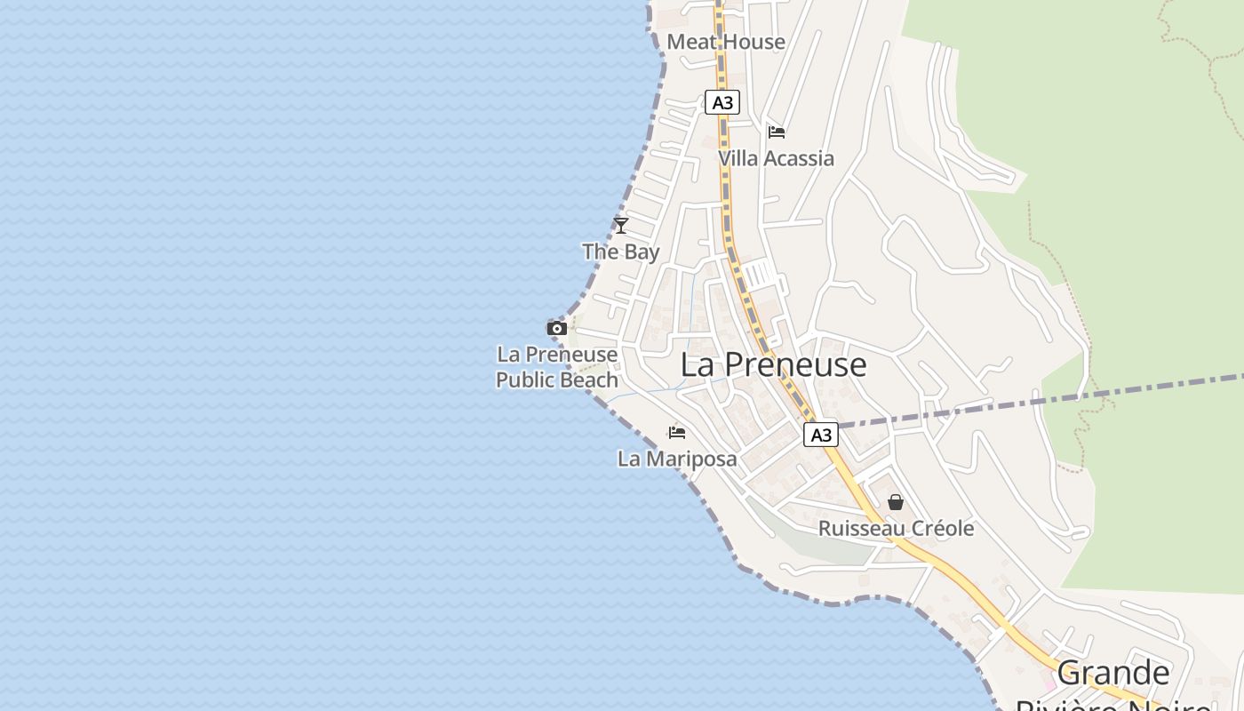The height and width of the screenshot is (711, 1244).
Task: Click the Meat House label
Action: click(x=726, y=42)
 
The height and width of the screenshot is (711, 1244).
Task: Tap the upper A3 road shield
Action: click(x=722, y=102)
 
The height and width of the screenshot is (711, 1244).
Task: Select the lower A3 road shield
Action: click(x=821, y=435)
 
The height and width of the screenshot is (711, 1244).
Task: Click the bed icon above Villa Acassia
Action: click(x=777, y=132)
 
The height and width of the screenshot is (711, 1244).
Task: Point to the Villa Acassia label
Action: click(x=776, y=158)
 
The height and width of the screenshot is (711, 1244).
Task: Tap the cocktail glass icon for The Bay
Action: click(x=621, y=226)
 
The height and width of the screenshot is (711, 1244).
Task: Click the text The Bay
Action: click(x=621, y=252)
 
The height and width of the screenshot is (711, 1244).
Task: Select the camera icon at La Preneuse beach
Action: click(x=557, y=329)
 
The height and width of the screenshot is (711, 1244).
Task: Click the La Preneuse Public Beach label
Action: click(x=557, y=367)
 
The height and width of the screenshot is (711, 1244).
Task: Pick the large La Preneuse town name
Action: click(x=773, y=364)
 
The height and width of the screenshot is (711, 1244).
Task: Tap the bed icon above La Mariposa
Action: click(x=677, y=433)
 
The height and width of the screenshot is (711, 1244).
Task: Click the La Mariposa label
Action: click(x=677, y=459)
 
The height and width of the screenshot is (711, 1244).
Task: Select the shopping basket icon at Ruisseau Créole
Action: click(x=896, y=503)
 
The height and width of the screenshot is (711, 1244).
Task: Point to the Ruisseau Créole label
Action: click(x=896, y=529)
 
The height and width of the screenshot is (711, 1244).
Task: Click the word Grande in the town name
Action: click(x=1113, y=673)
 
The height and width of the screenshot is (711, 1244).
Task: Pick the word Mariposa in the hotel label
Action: click(x=690, y=459)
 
